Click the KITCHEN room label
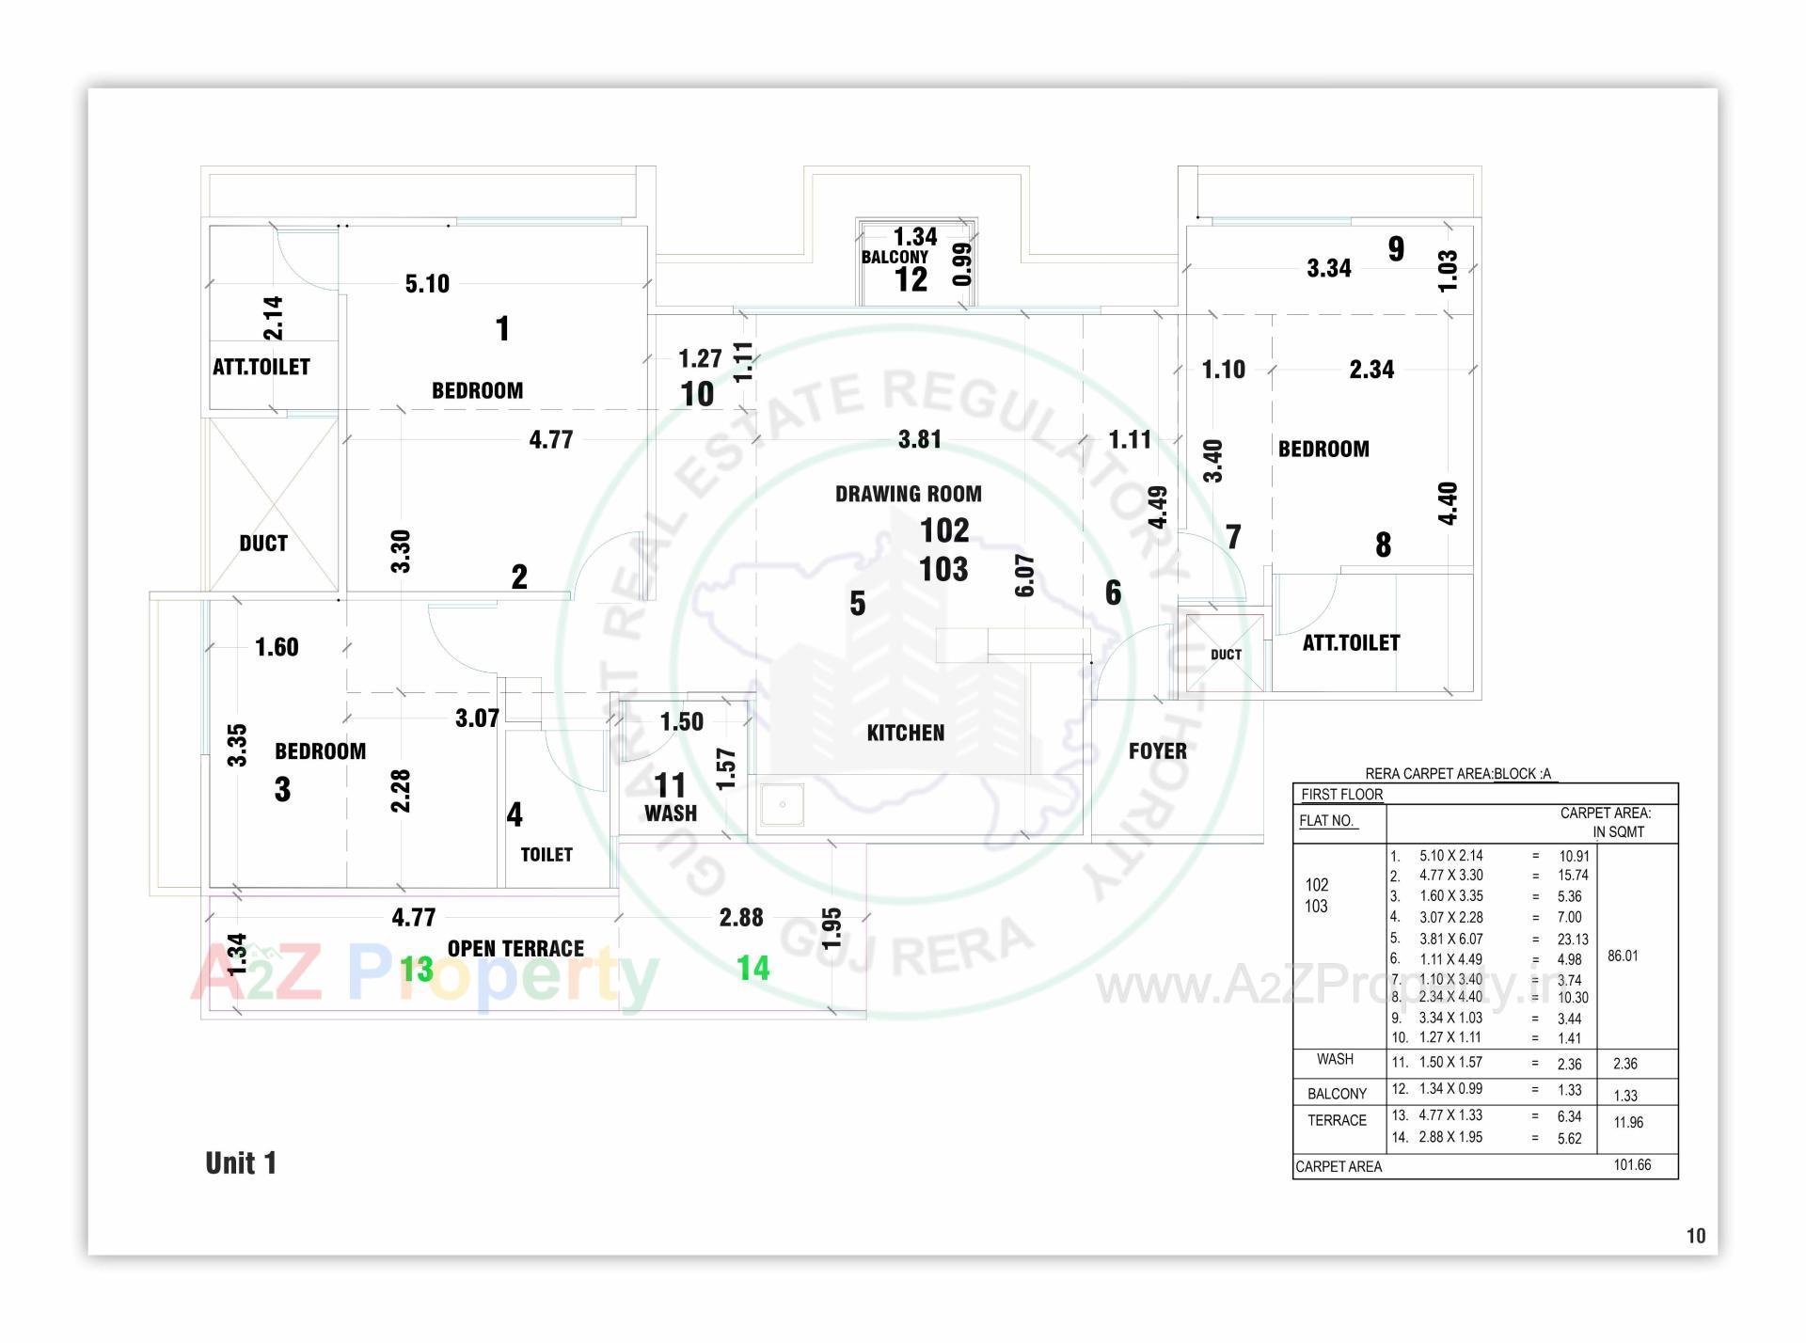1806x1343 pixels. pyautogui.click(x=905, y=733)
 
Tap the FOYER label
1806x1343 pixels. pyautogui.click(x=1157, y=750)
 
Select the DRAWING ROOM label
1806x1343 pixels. pyautogui.click(x=908, y=494)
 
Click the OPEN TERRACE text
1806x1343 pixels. pyautogui.click(x=515, y=948)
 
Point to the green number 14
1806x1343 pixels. pyautogui.click(x=752, y=968)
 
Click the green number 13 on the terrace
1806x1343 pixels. pyautogui.click(x=417, y=969)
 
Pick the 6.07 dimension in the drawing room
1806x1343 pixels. pyautogui.click(x=1024, y=576)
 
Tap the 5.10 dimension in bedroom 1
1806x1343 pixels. pyautogui.click(x=427, y=283)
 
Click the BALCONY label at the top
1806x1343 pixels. pyautogui.click(x=895, y=257)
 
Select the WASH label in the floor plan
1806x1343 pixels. pyautogui.click(x=670, y=814)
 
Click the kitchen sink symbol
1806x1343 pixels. pyautogui.click(x=782, y=805)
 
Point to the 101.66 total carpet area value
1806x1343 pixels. pyautogui.click(x=1632, y=1164)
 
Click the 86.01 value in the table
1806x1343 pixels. pyautogui.click(x=1623, y=956)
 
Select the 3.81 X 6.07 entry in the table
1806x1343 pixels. pyautogui.click(x=1450, y=939)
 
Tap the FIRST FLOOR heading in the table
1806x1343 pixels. pyautogui.click(x=1341, y=794)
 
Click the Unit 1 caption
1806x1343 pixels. pyautogui.click(x=241, y=1163)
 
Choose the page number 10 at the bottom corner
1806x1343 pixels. pyautogui.click(x=1695, y=1236)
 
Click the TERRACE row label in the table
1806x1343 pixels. pyautogui.click(x=1337, y=1120)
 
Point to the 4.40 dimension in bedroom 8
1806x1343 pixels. pyautogui.click(x=1448, y=503)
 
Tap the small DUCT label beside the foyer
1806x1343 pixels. pyautogui.click(x=1226, y=655)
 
